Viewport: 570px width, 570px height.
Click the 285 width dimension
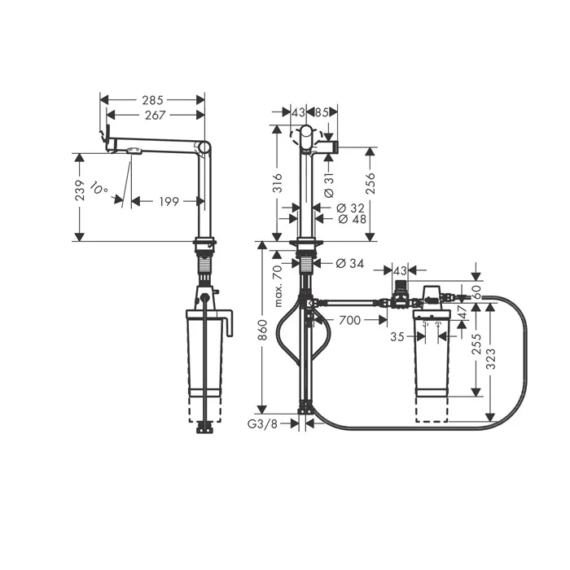click(x=153, y=100)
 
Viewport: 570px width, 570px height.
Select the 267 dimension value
click(x=156, y=116)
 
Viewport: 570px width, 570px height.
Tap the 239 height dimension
click(x=80, y=190)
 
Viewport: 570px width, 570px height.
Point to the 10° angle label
click(x=98, y=187)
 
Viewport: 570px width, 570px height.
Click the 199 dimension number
click(x=169, y=201)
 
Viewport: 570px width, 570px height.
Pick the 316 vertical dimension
click(x=277, y=183)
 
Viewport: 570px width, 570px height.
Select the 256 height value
click(x=370, y=183)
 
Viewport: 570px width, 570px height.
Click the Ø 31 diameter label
click(x=329, y=186)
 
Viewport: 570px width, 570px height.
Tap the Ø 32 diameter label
click(x=350, y=208)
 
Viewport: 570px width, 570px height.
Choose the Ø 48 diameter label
click(x=353, y=219)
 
